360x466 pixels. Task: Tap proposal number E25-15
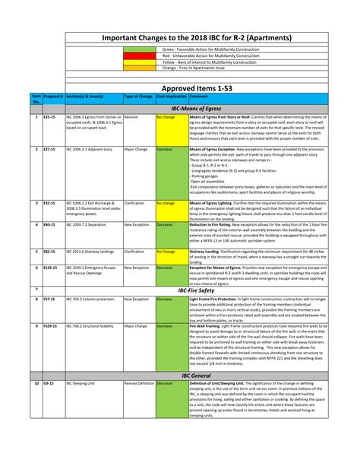pos(49,118)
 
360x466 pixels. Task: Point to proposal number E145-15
pos(51,268)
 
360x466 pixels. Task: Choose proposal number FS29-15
pos(51,325)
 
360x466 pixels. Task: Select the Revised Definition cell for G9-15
pos(139,384)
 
